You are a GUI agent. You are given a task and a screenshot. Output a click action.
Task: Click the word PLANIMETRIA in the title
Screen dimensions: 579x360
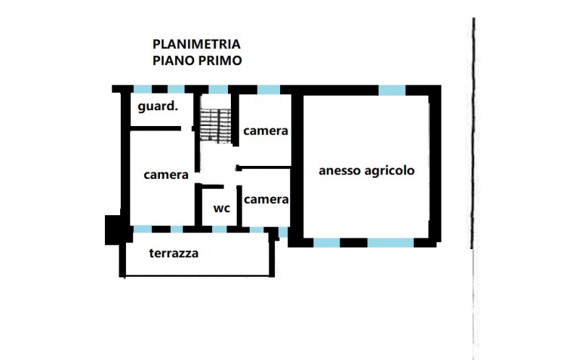point(196,44)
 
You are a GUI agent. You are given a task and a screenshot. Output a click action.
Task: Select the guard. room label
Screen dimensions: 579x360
point(158,106)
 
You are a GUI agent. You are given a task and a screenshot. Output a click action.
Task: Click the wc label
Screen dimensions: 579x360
point(221,209)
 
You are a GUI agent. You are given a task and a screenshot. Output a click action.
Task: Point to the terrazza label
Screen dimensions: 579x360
point(174,254)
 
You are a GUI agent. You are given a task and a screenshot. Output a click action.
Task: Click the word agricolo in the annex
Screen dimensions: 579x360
point(389,171)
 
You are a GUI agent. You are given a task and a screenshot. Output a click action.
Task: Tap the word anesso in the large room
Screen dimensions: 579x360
point(339,171)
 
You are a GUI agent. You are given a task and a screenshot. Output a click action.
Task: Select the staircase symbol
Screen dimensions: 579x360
point(216,125)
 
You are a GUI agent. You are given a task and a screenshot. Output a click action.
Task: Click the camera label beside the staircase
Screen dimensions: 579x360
point(266,131)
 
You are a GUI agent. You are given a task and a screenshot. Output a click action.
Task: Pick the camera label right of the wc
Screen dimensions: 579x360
point(266,200)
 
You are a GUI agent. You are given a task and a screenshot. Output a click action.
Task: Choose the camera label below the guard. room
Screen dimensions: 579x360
point(166,175)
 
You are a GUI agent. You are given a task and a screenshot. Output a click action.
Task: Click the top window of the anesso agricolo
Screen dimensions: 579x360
point(392,90)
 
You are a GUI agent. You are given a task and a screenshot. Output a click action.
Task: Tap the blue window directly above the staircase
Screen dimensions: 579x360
point(219,89)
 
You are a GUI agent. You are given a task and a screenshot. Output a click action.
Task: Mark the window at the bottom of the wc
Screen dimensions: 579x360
point(219,229)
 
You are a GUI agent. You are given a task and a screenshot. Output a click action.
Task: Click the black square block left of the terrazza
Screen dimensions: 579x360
point(113,230)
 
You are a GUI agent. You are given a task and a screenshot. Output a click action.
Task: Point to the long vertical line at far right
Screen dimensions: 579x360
point(473,133)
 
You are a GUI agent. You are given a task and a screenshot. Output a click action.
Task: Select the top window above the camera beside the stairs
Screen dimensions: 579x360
point(269,89)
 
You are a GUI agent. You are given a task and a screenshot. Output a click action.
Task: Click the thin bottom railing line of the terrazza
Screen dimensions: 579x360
point(197,276)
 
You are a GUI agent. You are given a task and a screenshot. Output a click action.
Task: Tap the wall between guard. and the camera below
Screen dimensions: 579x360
point(156,129)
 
